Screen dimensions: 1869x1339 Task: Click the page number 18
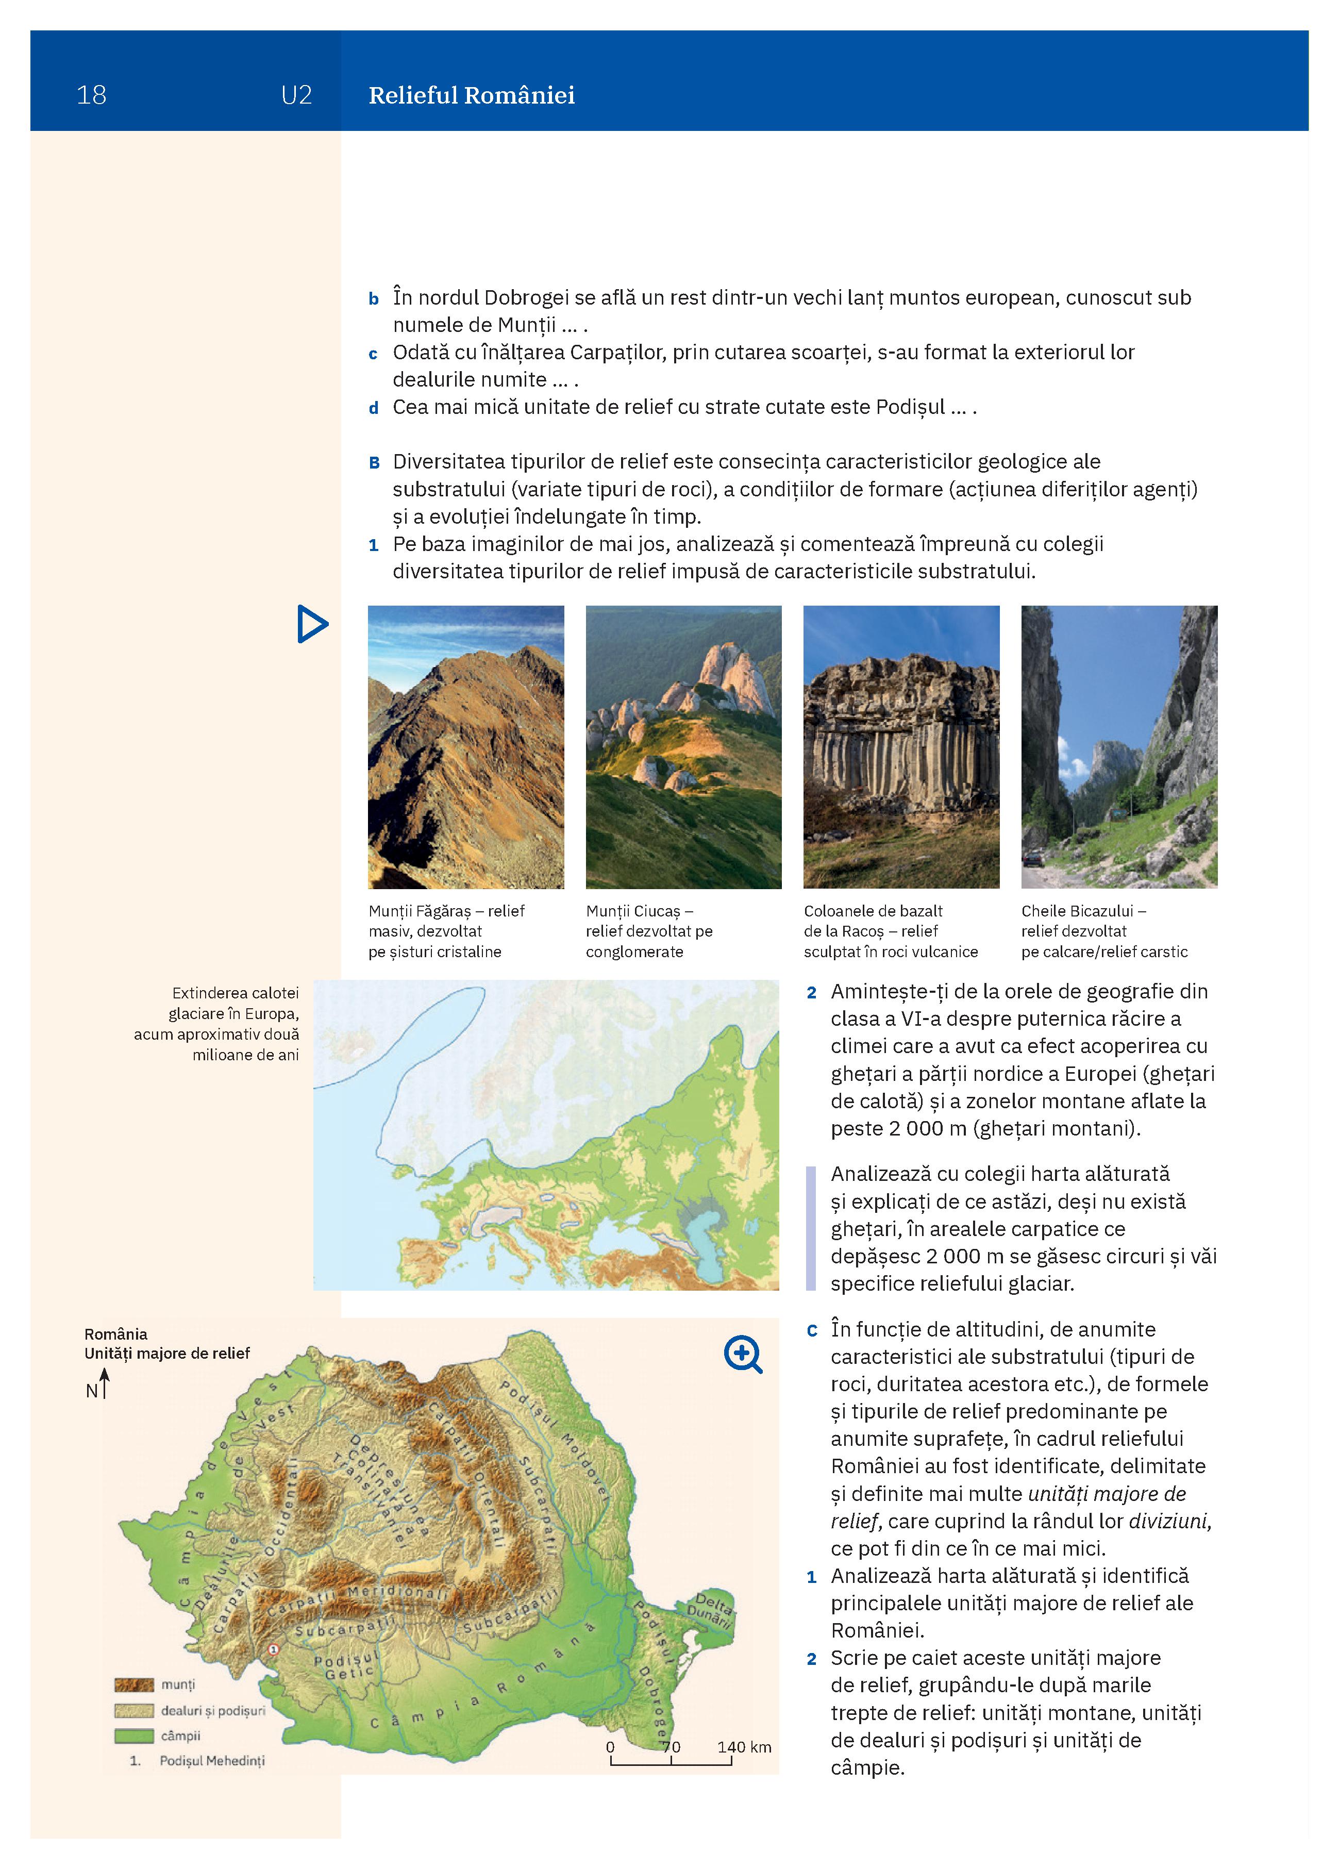[x=91, y=95]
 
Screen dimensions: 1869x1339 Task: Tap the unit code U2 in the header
[x=296, y=95]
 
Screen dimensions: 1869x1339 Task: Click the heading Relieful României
[x=471, y=95]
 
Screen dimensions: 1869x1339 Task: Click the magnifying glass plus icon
[x=743, y=1355]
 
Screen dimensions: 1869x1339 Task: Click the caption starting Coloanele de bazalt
[x=890, y=931]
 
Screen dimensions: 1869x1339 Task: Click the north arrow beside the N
[x=105, y=1383]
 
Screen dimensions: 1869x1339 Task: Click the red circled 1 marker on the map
[x=274, y=1649]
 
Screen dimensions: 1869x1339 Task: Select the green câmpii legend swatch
[x=133, y=1735]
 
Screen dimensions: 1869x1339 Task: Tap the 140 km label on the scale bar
[x=743, y=1746]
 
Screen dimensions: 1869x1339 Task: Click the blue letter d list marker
[x=373, y=408]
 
